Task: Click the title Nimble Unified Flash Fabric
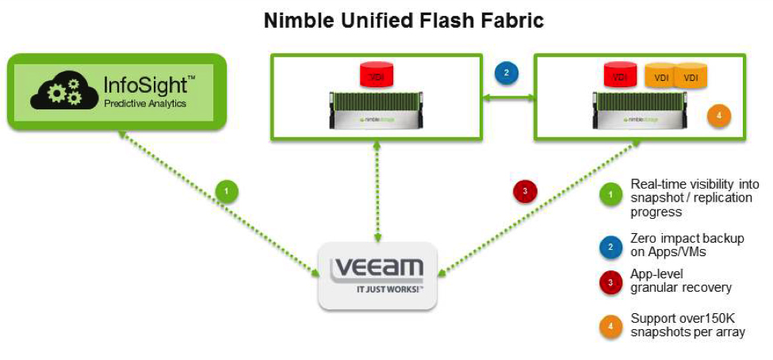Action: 404,21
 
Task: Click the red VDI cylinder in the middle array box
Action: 377,76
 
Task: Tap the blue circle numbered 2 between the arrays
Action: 507,73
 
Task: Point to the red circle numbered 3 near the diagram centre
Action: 525,191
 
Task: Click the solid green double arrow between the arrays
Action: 508,98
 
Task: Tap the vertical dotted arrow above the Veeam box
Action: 377,191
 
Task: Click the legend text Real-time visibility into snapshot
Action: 693,197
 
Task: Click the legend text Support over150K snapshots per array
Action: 687,325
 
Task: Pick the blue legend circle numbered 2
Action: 610,247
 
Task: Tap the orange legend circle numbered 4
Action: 610,325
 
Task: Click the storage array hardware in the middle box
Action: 377,111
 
